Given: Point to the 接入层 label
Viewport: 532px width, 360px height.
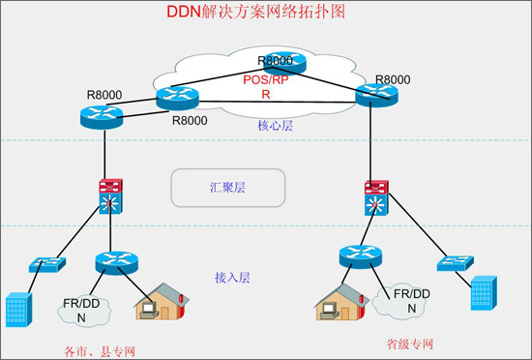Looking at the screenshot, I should (x=232, y=277).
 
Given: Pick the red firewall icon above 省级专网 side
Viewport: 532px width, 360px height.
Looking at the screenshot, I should (x=377, y=186).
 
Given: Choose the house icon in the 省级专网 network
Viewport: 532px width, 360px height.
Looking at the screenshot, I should (x=340, y=302).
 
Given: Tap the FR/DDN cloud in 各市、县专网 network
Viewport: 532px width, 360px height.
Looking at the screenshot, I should (x=82, y=308).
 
